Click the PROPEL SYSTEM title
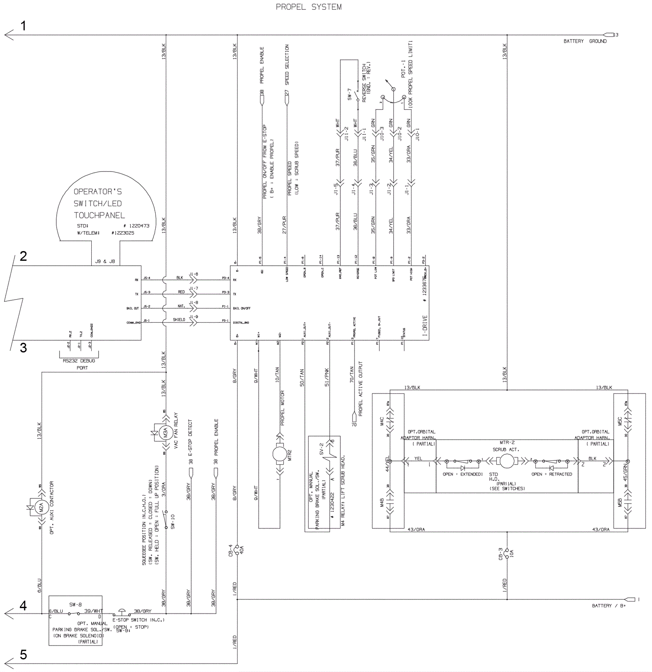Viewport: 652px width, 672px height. click(308, 7)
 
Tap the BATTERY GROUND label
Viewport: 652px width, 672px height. click(585, 41)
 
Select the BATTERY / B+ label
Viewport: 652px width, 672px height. click(608, 606)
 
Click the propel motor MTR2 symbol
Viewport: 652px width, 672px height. click(280, 454)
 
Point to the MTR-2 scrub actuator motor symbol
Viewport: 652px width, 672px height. click(507, 461)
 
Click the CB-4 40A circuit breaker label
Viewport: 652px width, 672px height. click(232, 550)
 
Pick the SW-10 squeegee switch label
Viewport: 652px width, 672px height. click(173, 521)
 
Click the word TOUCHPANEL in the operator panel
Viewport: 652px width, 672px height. click(99, 215)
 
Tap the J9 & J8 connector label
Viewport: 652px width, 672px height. click(105, 261)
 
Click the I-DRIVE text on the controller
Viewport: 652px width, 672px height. click(425, 325)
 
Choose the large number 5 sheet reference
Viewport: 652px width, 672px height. click(24, 654)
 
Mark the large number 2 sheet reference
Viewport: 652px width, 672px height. click(24, 256)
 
